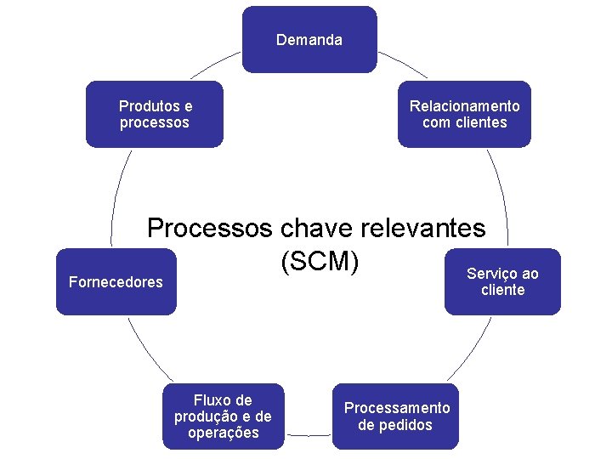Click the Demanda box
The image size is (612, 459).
[309, 40]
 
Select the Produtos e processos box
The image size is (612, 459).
[154, 115]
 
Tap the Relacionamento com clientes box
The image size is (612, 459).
[464, 115]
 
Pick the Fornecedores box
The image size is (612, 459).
[116, 282]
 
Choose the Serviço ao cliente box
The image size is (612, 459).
[502, 282]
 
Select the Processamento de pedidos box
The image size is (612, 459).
[396, 416]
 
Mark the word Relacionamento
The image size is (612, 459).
[464, 106]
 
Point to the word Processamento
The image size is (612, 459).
[397, 408]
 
